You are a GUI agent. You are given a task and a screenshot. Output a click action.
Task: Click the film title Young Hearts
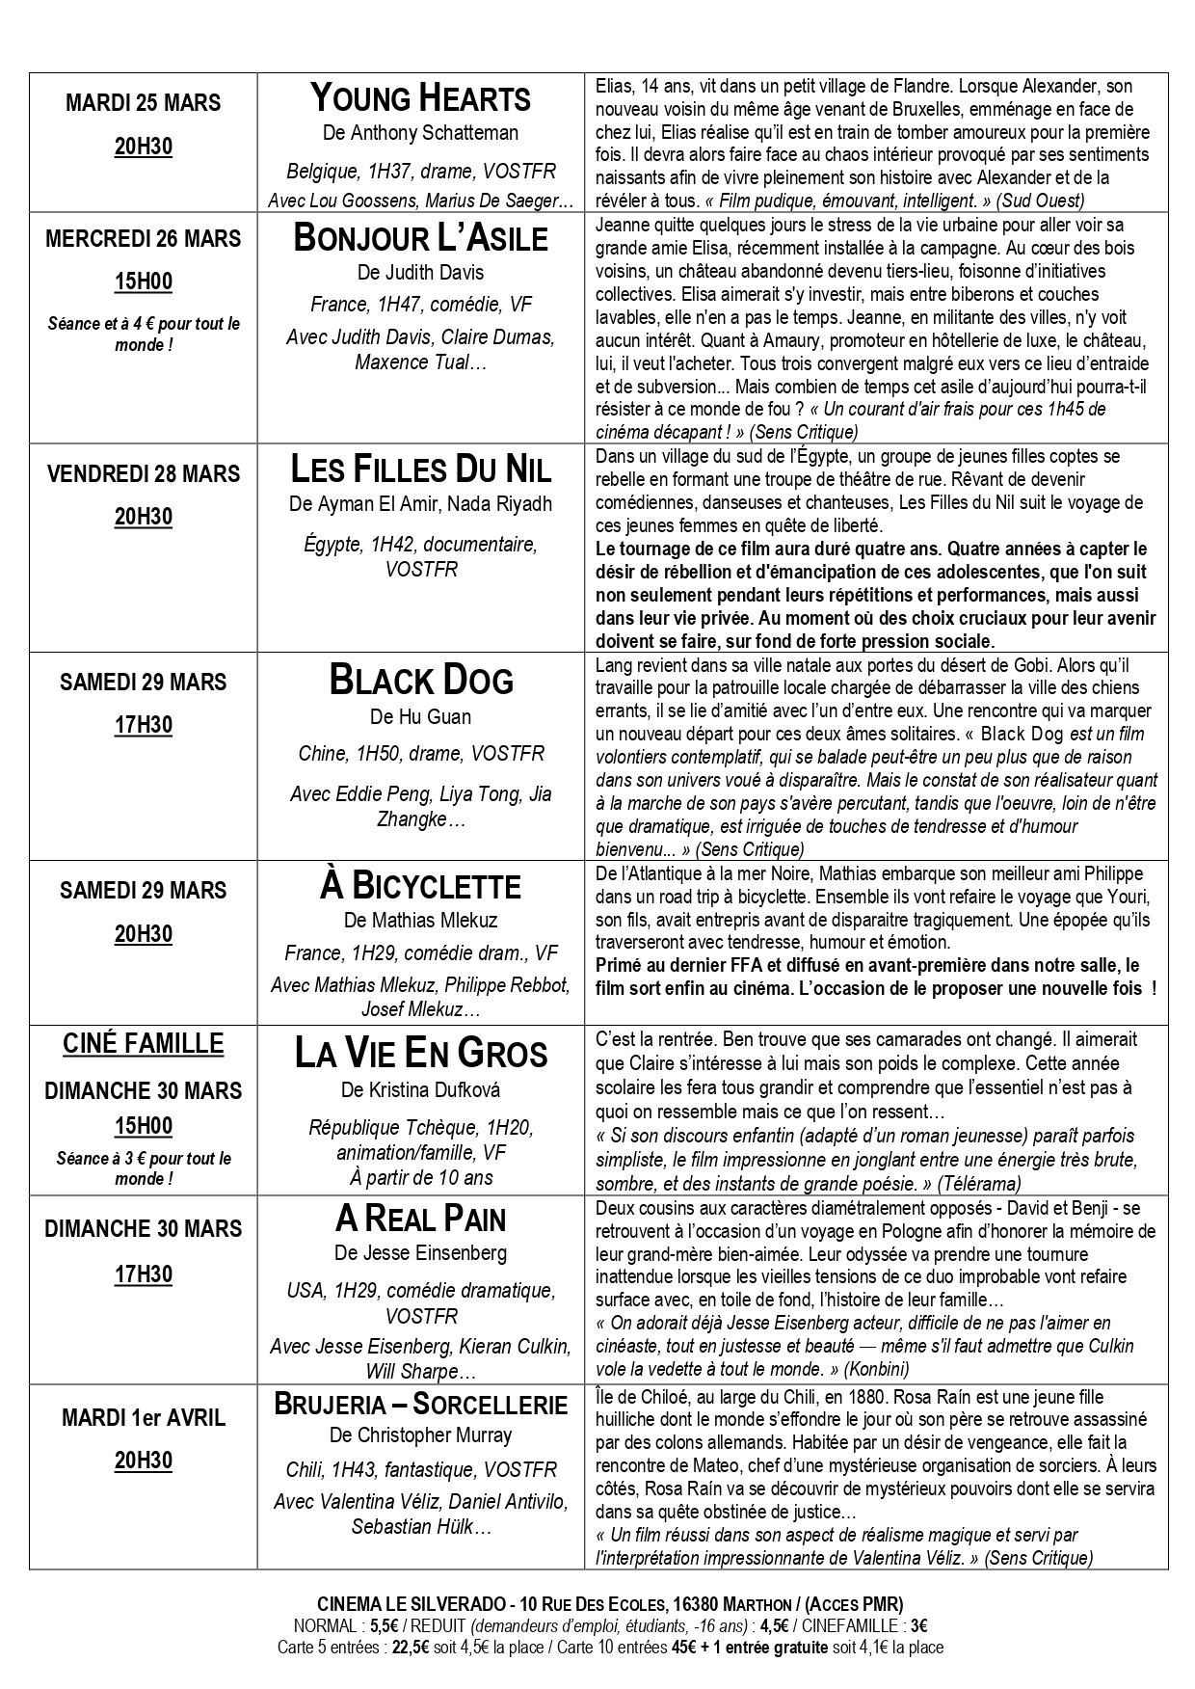pyautogui.click(x=420, y=99)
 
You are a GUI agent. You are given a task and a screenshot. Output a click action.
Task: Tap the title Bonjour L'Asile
pyautogui.click(x=420, y=238)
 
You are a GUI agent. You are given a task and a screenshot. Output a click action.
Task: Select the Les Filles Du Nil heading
pyautogui.click(x=420, y=469)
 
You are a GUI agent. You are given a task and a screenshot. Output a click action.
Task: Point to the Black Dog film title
pyautogui.click(x=420, y=681)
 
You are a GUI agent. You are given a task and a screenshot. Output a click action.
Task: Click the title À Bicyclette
pyautogui.click(x=420, y=886)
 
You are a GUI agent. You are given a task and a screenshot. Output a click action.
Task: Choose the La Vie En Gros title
pyautogui.click(x=420, y=1054)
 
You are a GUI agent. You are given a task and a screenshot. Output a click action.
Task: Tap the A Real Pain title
pyautogui.click(x=420, y=1220)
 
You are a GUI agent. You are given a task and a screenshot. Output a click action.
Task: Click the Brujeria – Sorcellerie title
pyautogui.click(x=420, y=1404)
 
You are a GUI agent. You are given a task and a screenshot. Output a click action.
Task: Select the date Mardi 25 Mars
pyautogui.click(x=143, y=103)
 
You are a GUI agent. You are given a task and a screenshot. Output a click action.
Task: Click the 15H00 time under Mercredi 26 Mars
pyautogui.click(x=143, y=282)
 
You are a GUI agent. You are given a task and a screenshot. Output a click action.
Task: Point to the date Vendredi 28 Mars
pyautogui.click(x=143, y=473)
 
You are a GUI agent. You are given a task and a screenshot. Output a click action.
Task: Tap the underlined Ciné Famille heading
pyautogui.click(x=143, y=1044)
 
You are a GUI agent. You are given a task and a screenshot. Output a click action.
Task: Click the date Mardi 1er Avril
pyautogui.click(x=143, y=1417)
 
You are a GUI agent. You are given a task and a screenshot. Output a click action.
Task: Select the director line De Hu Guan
pyautogui.click(x=420, y=717)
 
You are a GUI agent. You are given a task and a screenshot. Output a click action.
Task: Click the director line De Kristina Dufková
pyautogui.click(x=420, y=1090)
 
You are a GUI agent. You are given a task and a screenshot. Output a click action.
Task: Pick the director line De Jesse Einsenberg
pyautogui.click(x=420, y=1253)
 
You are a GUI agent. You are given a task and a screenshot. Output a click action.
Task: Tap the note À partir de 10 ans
pyautogui.click(x=420, y=1177)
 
